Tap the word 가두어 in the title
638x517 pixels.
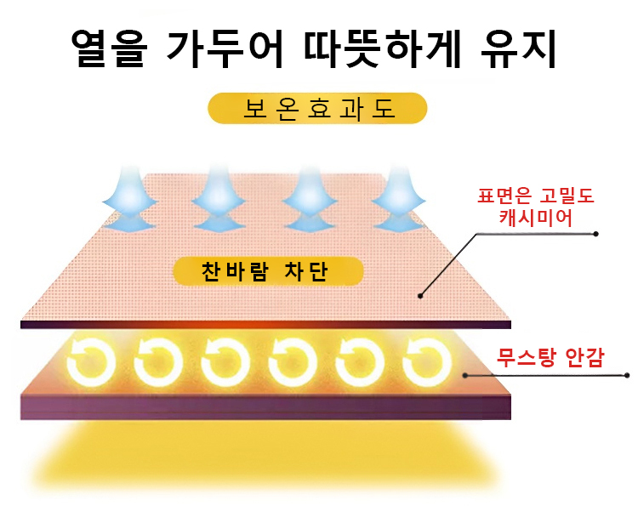227,50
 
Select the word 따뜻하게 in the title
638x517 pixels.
387,50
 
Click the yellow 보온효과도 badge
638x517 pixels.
317,110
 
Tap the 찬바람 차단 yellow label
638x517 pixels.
268,272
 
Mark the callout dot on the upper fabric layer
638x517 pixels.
419,296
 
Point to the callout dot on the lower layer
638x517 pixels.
464,374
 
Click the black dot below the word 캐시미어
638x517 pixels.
596,233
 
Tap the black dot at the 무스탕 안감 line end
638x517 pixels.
627,375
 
